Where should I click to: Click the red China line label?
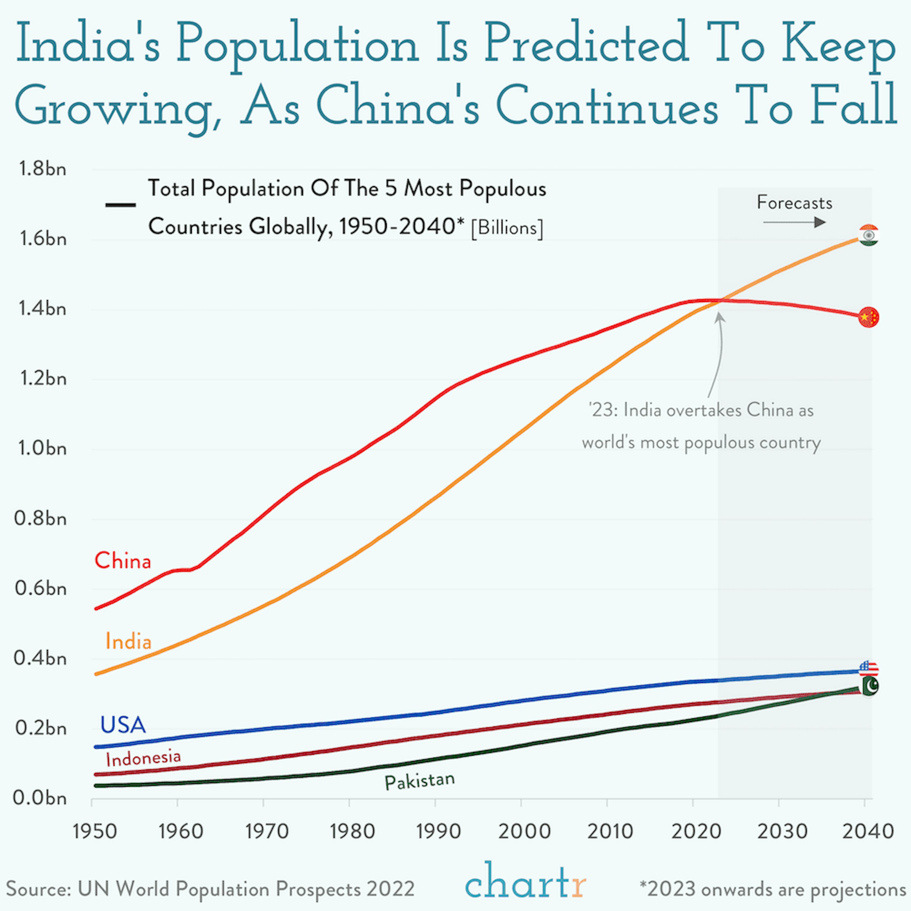tap(123, 561)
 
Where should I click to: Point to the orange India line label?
tap(128, 641)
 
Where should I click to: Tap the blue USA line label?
tap(123, 725)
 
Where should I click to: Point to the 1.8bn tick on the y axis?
tap(42, 169)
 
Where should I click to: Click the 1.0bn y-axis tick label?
tap(42, 448)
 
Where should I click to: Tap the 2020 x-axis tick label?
tap(696, 831)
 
